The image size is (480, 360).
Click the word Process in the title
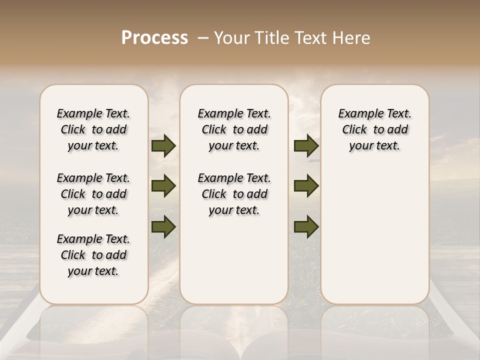154,38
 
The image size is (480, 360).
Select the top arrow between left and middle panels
163,146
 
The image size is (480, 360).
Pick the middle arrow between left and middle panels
163,186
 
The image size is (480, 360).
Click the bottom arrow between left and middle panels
163,226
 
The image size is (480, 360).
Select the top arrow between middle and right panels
306,146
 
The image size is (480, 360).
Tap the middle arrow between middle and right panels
306,186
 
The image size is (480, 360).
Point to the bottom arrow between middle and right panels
306,227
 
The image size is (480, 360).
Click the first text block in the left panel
93,129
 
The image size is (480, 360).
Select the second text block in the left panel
93,194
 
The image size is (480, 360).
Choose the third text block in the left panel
93,255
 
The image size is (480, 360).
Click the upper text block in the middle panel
234,129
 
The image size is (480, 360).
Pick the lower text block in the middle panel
234,194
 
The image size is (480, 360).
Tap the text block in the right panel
375,129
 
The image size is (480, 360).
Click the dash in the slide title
203,38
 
